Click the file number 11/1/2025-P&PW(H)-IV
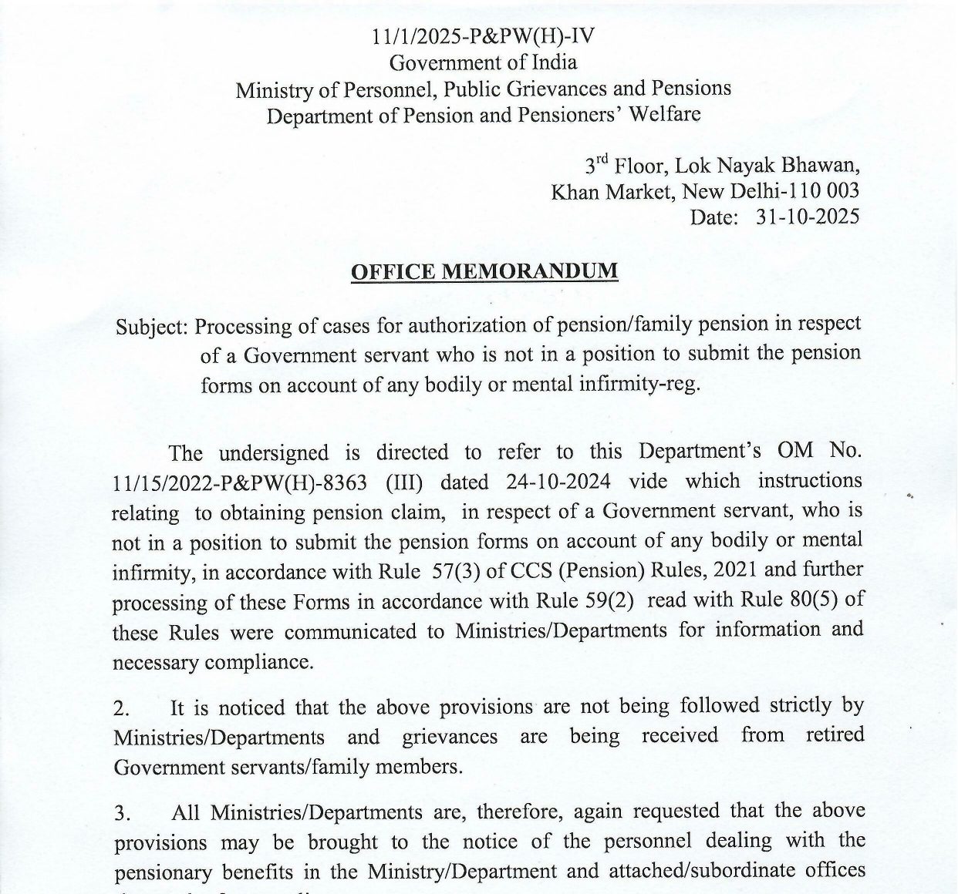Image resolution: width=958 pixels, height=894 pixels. click(483, 36)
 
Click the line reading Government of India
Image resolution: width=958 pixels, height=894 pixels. click(483, 62)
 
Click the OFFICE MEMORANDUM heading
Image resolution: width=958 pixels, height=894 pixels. click(484, 272)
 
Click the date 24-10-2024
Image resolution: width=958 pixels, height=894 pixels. click(559, 482)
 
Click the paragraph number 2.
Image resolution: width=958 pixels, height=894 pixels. click(121, 707)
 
